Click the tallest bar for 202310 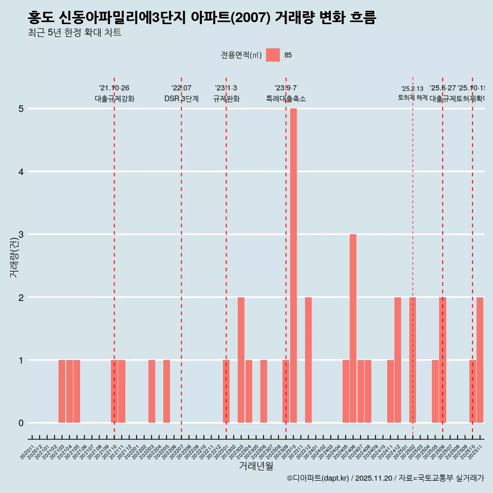[x=293, y=266]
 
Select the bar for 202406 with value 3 [x=353, y=329]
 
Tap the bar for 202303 [x=241, y=359]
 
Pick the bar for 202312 [x=308, y=359]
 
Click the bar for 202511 [x=480, y=359]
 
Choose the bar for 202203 [x=151, y=391]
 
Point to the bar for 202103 [x=62, y=391]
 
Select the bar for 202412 [x=397, y=359]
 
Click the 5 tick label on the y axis [x=21, y=109]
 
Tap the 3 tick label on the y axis [x=21, y=235]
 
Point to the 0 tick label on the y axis [x=21, y=423]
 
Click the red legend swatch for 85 [x=273, y=55]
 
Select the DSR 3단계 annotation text [x=181, y=99]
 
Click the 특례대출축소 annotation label [x=286, y=99]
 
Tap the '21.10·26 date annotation [x=114, y=88]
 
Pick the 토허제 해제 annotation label [x=412, y=98]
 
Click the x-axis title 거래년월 [x=256, y=466]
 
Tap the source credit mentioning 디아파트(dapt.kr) [x=385, y=478]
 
